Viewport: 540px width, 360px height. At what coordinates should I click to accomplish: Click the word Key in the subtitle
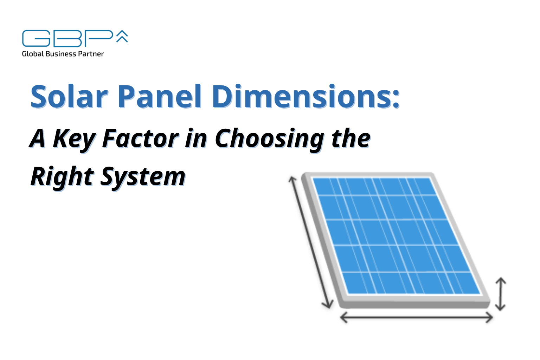coord(74,139)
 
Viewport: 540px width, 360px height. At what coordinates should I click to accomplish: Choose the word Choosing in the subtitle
coord(269,139)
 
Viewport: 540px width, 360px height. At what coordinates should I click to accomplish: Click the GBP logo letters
coord(67,38)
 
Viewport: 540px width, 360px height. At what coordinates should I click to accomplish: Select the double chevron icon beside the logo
coord(122,36)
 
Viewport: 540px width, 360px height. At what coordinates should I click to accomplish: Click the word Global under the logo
coord(33,54)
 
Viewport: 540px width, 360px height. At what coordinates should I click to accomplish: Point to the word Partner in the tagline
coord(91,54)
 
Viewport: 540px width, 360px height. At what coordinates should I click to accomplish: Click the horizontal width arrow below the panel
coord(416,317)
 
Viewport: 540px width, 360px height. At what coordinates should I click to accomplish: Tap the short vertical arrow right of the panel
coord(500,294)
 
